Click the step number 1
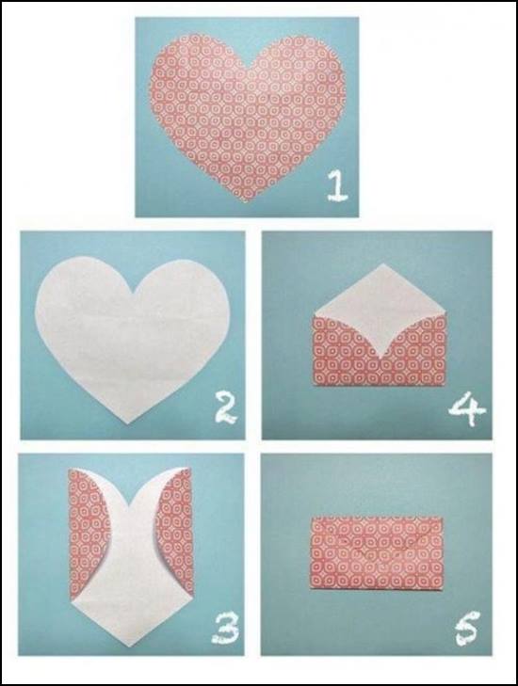[x=337, y=186]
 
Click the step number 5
[x=467, y=629]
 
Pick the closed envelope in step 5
[x=377, y=553]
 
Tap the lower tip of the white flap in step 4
[x=380, y=358]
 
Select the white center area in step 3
[x=132, y=568]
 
